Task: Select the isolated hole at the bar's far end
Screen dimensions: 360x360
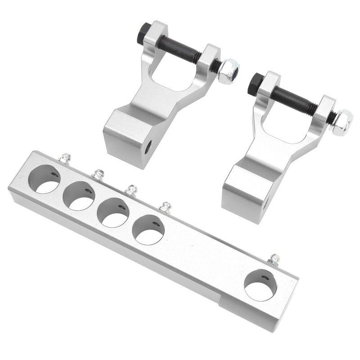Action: click(x=260, y=285)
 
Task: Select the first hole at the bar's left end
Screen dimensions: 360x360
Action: click(x=45, y=179)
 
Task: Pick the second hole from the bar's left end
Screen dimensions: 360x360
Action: click(x=78, y=195)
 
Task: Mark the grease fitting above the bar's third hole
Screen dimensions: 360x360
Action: click(x=131, y=190)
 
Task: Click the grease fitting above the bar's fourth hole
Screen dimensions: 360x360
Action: click(x=166, y=207)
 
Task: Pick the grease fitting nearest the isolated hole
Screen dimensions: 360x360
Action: click(x=273, y=260)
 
